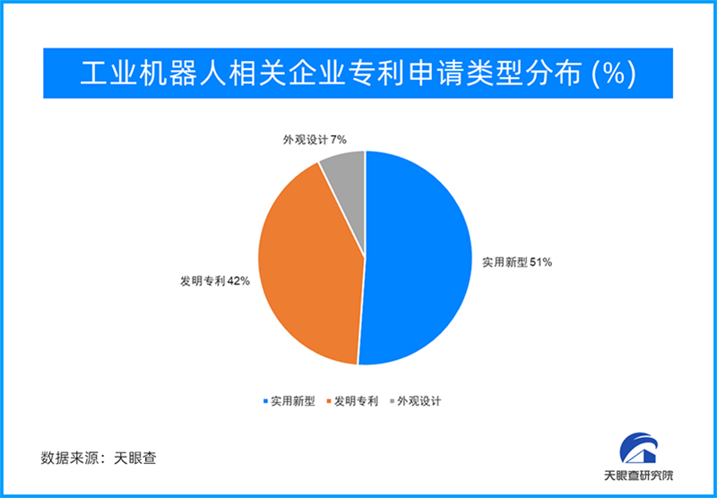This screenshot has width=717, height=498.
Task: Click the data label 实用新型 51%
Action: click(517, 262)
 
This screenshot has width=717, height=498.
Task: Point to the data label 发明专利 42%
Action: click(215, 281)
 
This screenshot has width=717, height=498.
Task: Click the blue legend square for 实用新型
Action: click(265, 401)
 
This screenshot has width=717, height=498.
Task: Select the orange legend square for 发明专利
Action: click(328, 401)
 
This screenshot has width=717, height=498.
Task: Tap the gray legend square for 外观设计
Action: click(392, 401)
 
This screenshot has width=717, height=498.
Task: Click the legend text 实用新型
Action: click(293, 401)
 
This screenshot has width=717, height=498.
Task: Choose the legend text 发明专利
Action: click(356, 401)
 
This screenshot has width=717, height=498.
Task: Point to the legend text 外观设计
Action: click(419, 401)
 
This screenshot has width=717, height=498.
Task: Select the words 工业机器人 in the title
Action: click(152, 73)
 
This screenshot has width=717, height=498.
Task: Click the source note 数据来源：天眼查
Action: click(99, 458)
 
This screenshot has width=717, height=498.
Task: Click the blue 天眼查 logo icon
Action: click(639, 448)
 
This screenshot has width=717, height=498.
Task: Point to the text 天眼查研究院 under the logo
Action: click(639, 475)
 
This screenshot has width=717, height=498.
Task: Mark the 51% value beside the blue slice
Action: click(541, 262)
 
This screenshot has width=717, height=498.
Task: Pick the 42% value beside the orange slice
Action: click(238, 281)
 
